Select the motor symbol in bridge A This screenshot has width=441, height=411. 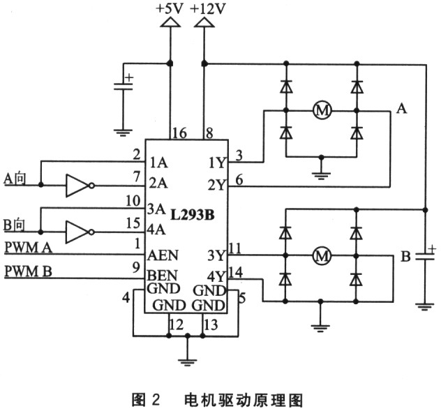322,110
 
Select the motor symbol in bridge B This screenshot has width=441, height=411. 322,256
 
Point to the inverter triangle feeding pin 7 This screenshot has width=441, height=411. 76,185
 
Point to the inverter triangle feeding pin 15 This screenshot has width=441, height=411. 76,230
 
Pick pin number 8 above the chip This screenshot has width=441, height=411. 209,132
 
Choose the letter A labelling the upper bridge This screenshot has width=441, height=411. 401,107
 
